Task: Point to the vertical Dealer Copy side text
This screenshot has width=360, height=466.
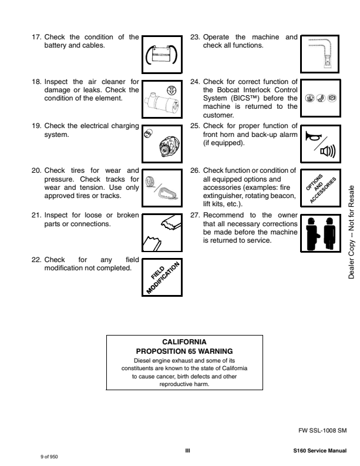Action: tap(351, 232)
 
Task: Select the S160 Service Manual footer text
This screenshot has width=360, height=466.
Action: tap(319, 451)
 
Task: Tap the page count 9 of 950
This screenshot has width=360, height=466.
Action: tap(49, 455)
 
